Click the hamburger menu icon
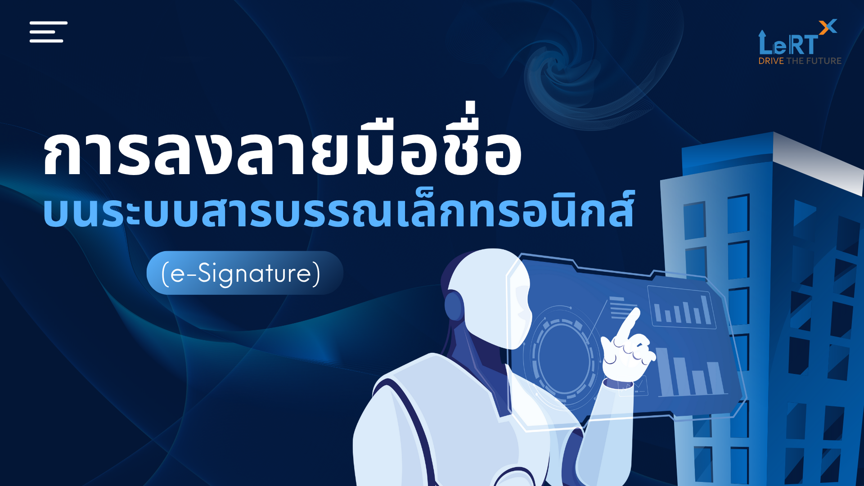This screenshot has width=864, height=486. click(49, 31)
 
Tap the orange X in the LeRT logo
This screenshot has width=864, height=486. click(828, 27)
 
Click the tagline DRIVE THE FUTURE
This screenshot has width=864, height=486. click(800, 61)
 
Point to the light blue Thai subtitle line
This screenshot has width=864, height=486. click(339, 209)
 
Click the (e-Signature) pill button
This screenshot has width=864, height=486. click(245, 273)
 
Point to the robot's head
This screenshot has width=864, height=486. click(488, 297)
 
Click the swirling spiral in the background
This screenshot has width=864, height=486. click(567, 67)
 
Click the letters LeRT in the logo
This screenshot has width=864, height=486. click(788, 44)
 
